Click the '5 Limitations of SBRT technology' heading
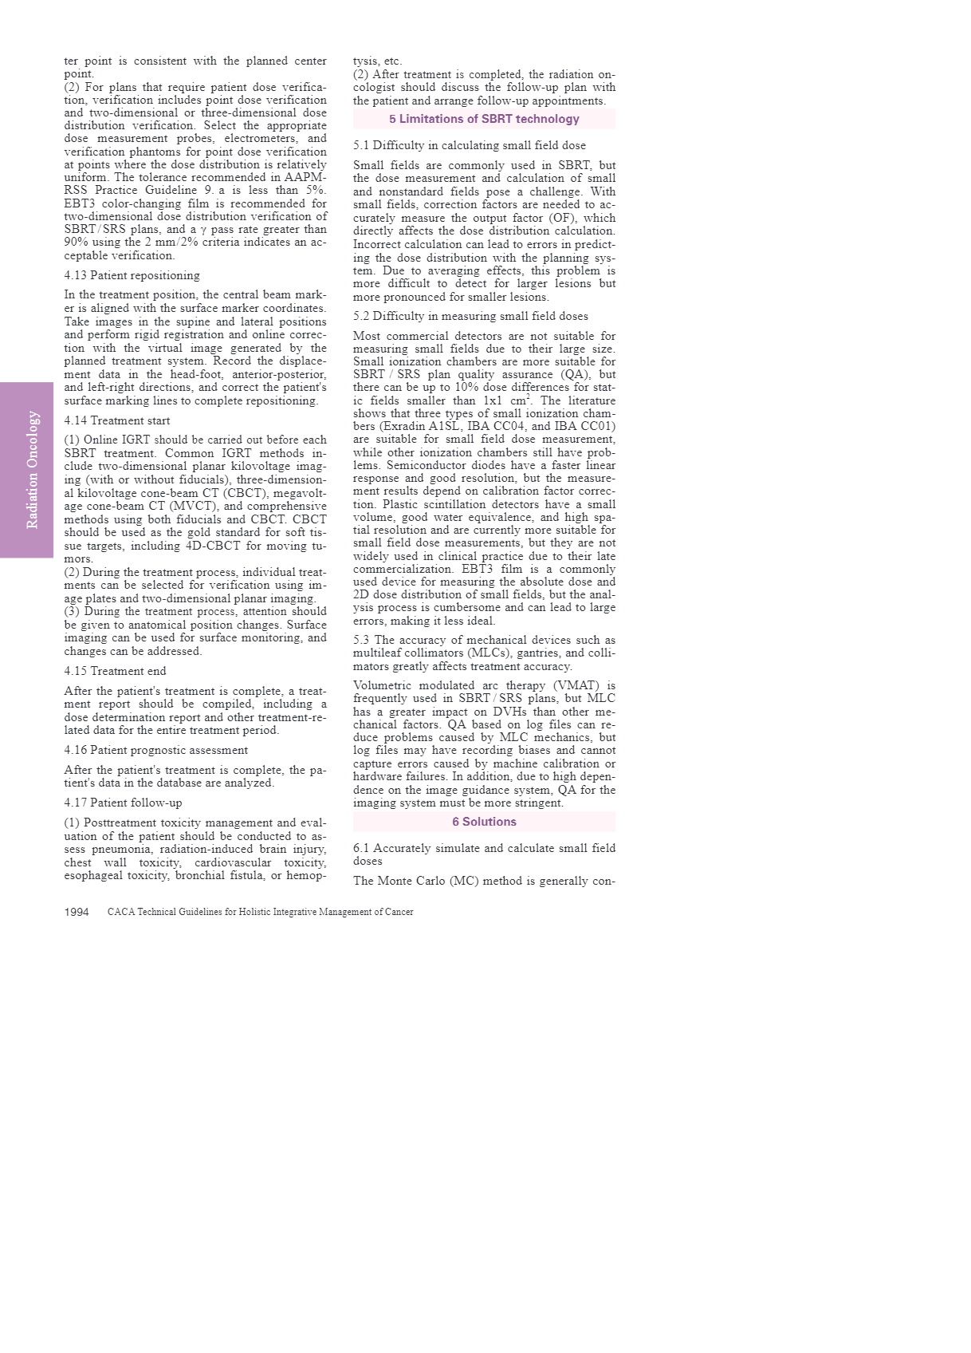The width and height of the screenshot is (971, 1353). [484, 119]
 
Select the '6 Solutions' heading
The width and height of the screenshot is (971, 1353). [484, 822]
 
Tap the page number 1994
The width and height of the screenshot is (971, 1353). [77, 912]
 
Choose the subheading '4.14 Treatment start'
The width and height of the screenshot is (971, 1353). [116, 420]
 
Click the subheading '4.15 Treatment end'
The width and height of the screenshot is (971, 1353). [115, 671]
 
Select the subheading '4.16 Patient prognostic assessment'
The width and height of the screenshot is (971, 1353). [155, 750]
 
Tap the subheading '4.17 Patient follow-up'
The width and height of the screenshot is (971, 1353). [123, 803]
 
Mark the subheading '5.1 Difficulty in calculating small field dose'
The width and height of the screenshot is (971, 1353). [469, 145]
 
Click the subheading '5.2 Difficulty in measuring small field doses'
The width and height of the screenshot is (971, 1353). [470, 316]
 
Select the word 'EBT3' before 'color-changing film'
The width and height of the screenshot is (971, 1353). [79, 203]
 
